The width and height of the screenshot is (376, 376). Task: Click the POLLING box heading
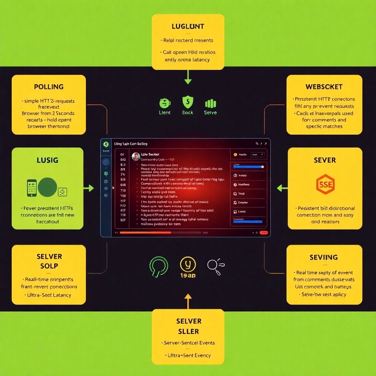(49, 87)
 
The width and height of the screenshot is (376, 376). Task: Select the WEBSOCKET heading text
(324, 87)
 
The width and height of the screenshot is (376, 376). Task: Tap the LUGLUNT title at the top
(188, 26)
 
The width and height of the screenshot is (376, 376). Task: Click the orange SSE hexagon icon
(325, 184)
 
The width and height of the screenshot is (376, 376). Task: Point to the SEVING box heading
(323, 257)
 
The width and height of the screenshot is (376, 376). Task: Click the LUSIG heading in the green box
(48, 160)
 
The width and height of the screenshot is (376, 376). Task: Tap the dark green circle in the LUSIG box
(47, 187)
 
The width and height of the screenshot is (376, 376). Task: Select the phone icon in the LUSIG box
(32, 187)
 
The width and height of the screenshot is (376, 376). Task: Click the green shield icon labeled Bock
(188, 102)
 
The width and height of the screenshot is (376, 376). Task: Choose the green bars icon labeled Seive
(210, 103)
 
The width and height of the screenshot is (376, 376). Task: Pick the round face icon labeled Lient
(164, 103)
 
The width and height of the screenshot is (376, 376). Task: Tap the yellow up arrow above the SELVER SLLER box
(188, 300)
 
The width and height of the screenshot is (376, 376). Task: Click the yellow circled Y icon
(188, 264)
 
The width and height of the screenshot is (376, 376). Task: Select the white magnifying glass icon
(214, 265)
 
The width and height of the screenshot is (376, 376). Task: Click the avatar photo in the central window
(136, 156)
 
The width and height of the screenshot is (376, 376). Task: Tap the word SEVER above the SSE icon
(325, 160)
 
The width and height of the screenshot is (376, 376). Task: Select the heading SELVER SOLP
(49, 261)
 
